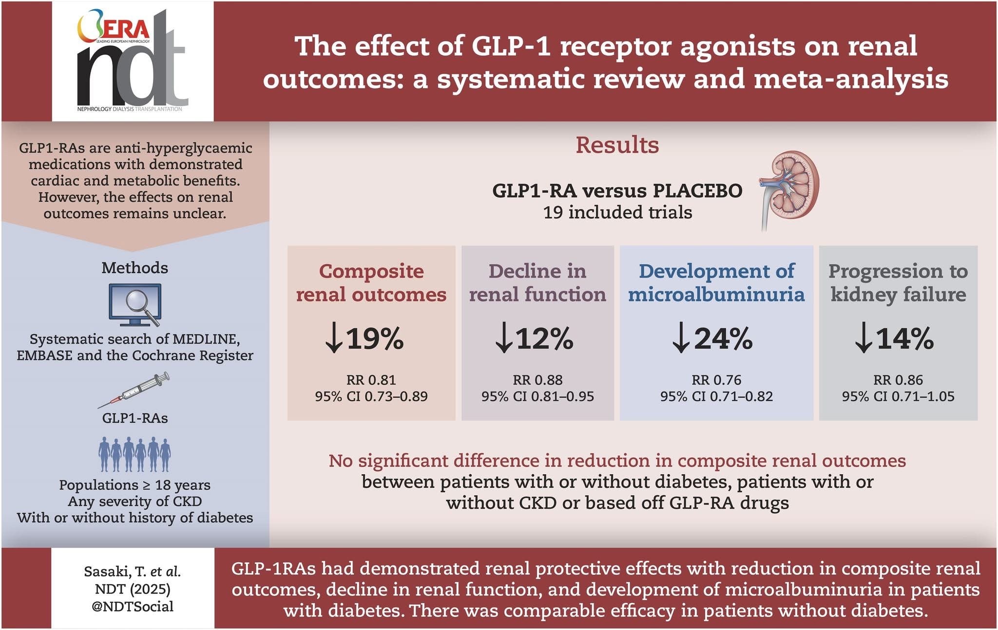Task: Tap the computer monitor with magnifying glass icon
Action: [135, 305]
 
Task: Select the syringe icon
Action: [134, 390]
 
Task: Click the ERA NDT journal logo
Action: [133, 61]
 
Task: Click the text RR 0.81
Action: [371, 380]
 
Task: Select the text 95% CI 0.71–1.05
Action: [898, 396]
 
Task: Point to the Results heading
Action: [617, 145]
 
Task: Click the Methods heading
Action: [135, 268]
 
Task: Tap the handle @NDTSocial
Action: [133, 606]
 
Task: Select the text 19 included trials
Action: [617, 212]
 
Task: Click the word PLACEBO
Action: [697, 190]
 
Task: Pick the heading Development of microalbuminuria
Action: [716, 282]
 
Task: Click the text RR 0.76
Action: [716, 380]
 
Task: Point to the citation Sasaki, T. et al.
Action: [133, 571]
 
